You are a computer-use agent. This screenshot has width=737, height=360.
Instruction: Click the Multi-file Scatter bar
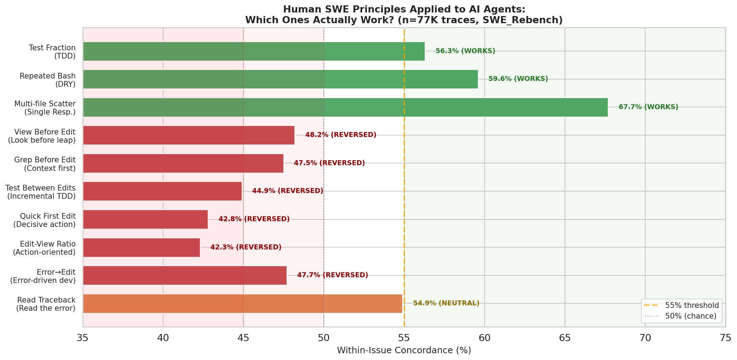tap(345, 107)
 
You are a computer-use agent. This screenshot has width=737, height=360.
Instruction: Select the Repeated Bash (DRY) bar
tap(280, 79)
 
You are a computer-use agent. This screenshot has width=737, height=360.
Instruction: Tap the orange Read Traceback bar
tap(242, 304)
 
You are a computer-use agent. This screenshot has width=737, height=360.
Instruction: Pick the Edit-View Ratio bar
tap(141, 247)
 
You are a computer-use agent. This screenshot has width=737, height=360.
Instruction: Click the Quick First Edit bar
tap(145, 219)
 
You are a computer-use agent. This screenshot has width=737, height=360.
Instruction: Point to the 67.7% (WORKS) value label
tap(648, 107)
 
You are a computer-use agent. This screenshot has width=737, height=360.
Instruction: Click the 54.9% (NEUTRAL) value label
tap(446, 304)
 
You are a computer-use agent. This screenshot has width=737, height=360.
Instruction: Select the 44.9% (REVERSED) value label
tap(287, 191)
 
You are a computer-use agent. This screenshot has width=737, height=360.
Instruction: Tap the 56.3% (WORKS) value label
tap(465, 51)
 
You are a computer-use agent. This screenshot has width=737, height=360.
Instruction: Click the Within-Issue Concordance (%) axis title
tap(404, 351)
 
